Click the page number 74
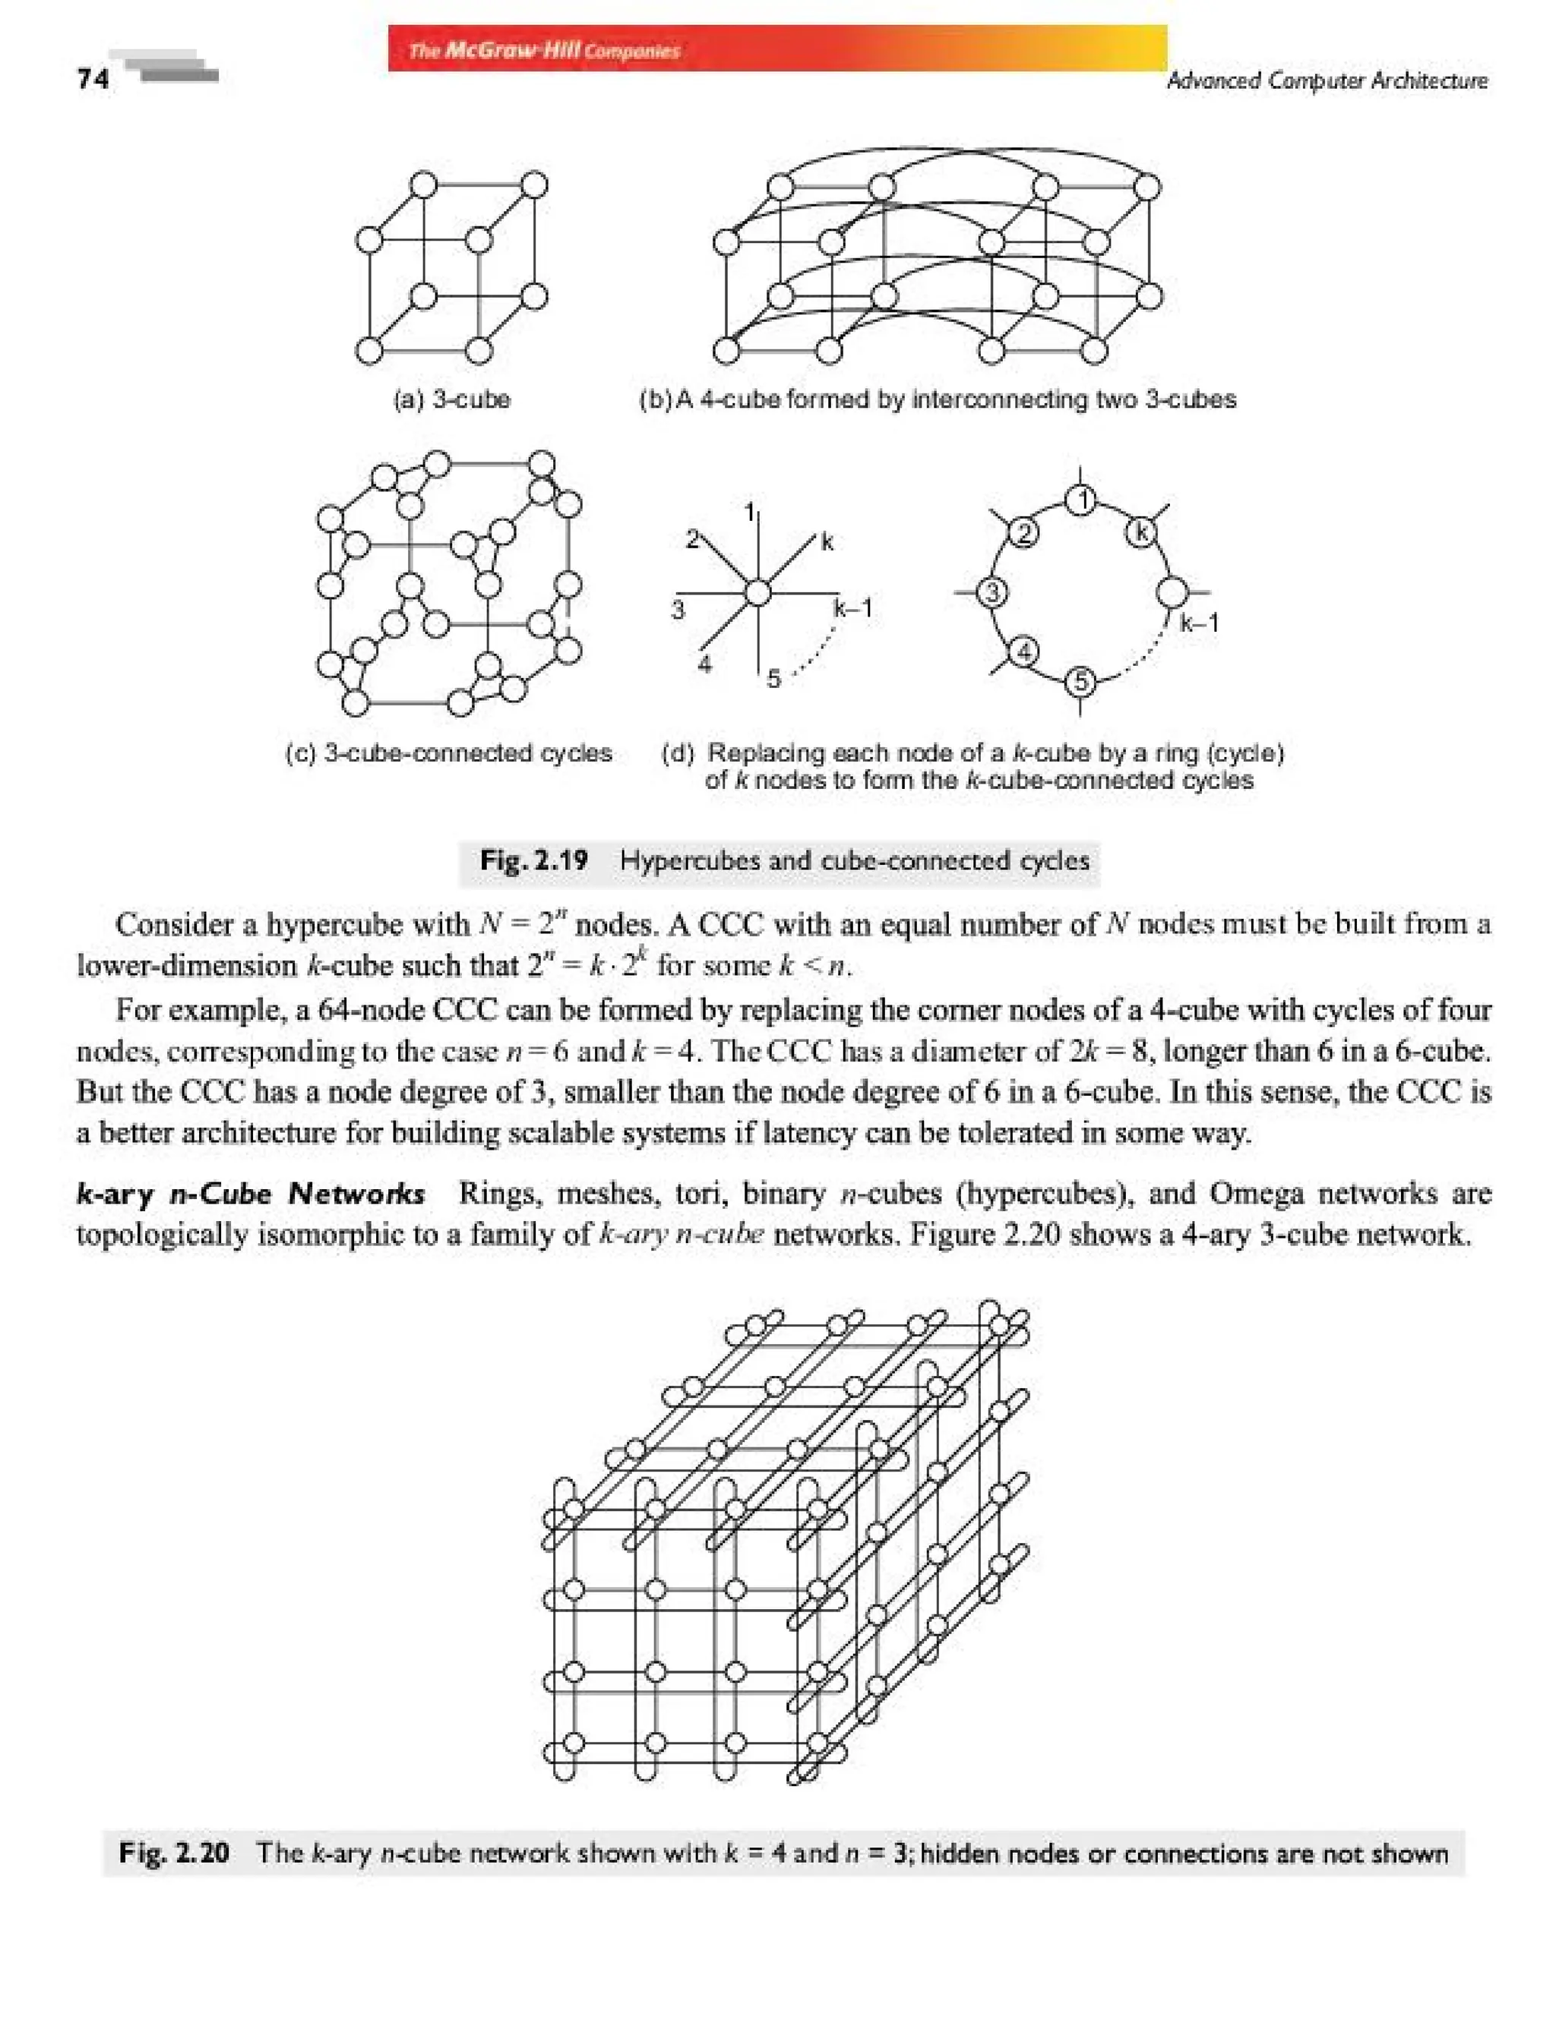[93, 79]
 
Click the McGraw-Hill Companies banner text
[545, 50]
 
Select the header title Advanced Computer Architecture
[1327, 80]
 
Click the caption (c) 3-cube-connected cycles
[448, 753]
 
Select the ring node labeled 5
[1080, 683]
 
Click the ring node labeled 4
[1023, 652]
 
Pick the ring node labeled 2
[1023, 534]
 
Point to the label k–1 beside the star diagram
[852, 608]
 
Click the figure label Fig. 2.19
[533, 860]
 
